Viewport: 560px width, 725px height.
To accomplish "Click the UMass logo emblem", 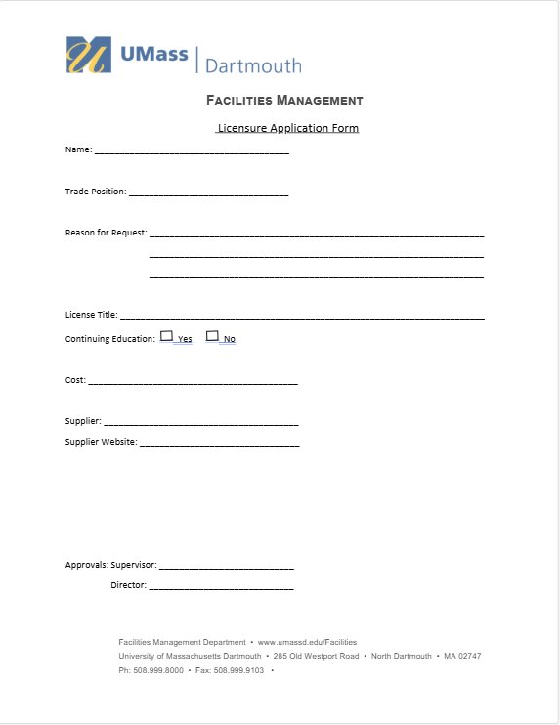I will coord(88,55).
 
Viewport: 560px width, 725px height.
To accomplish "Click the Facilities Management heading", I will coord(284,101).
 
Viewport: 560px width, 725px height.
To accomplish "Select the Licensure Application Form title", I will coord(287,128).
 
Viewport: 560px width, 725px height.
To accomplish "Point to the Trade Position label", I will coord(96,192).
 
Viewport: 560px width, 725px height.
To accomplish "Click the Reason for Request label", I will coord(106,233).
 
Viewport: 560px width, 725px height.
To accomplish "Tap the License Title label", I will coord(91,315).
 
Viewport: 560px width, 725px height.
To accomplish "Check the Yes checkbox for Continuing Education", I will coord(166,336).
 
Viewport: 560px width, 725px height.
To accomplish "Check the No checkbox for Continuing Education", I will coord(212,336).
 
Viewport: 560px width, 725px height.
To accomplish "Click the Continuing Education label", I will coord(109,339).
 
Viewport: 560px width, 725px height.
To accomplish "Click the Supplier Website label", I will coord(101,442).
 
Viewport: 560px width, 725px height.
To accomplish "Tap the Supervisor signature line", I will coord(226,566).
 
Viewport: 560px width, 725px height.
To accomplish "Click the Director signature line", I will coord(221,586).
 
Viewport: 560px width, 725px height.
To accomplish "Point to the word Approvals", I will coord(86,565).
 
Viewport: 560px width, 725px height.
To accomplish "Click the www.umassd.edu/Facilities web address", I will coord(307,642).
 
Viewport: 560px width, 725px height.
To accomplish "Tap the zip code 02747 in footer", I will coord(469,656).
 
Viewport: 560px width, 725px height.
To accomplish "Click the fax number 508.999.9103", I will coord(239,670).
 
